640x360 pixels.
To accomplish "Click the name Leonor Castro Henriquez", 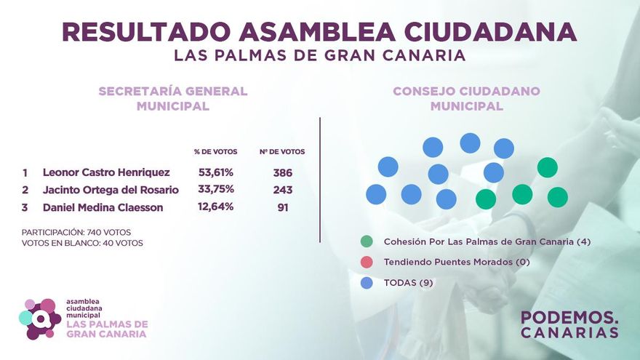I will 106,172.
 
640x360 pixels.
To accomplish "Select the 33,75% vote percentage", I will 216,190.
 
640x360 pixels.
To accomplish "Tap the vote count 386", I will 282,172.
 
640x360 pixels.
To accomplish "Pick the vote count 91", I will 282,207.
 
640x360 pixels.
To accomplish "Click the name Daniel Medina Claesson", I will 103,207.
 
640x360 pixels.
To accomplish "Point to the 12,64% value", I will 216,207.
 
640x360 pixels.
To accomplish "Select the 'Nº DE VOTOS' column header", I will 282,152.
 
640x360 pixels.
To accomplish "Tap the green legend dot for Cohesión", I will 367,241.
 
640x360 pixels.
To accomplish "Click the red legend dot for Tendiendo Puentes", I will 367,262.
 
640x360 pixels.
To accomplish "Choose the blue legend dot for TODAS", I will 367,282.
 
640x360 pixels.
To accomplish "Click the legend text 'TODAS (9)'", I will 408,282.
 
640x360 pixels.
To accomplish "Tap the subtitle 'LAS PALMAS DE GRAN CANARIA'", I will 319,55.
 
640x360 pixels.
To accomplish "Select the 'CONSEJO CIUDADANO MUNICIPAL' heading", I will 466,98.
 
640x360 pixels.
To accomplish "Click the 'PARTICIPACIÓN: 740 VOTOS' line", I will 77,231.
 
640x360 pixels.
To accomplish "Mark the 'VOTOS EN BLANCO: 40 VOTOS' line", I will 82,243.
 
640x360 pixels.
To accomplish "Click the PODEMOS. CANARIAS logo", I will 569,325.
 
